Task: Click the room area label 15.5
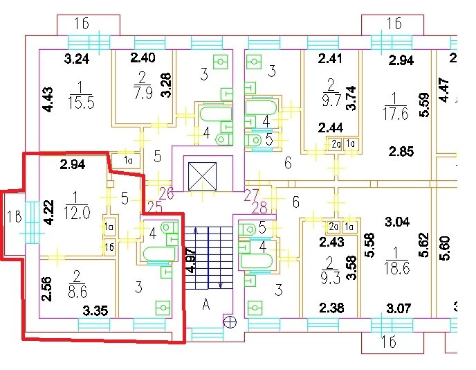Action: point(81,103)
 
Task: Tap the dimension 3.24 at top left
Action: point(77,59)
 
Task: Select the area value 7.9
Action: point(143,92)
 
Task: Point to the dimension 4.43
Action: point(48,100)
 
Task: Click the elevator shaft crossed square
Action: point(202,176)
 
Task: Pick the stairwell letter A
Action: point(206,303)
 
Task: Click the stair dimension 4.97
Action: point(190,261)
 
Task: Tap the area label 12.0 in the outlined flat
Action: point(77,213)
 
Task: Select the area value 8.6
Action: point(77,291)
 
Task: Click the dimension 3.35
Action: point(95,310)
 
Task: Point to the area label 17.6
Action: point(396,113)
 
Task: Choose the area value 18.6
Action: point(396,268)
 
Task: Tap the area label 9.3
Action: point(330,279)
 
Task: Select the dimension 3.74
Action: point(351,98)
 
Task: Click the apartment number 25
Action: point(155,207)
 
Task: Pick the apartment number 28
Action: point(259,208)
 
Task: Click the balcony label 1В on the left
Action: point(15,217)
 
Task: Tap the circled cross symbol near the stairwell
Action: point(230,321)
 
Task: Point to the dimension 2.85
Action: point(401,151)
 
